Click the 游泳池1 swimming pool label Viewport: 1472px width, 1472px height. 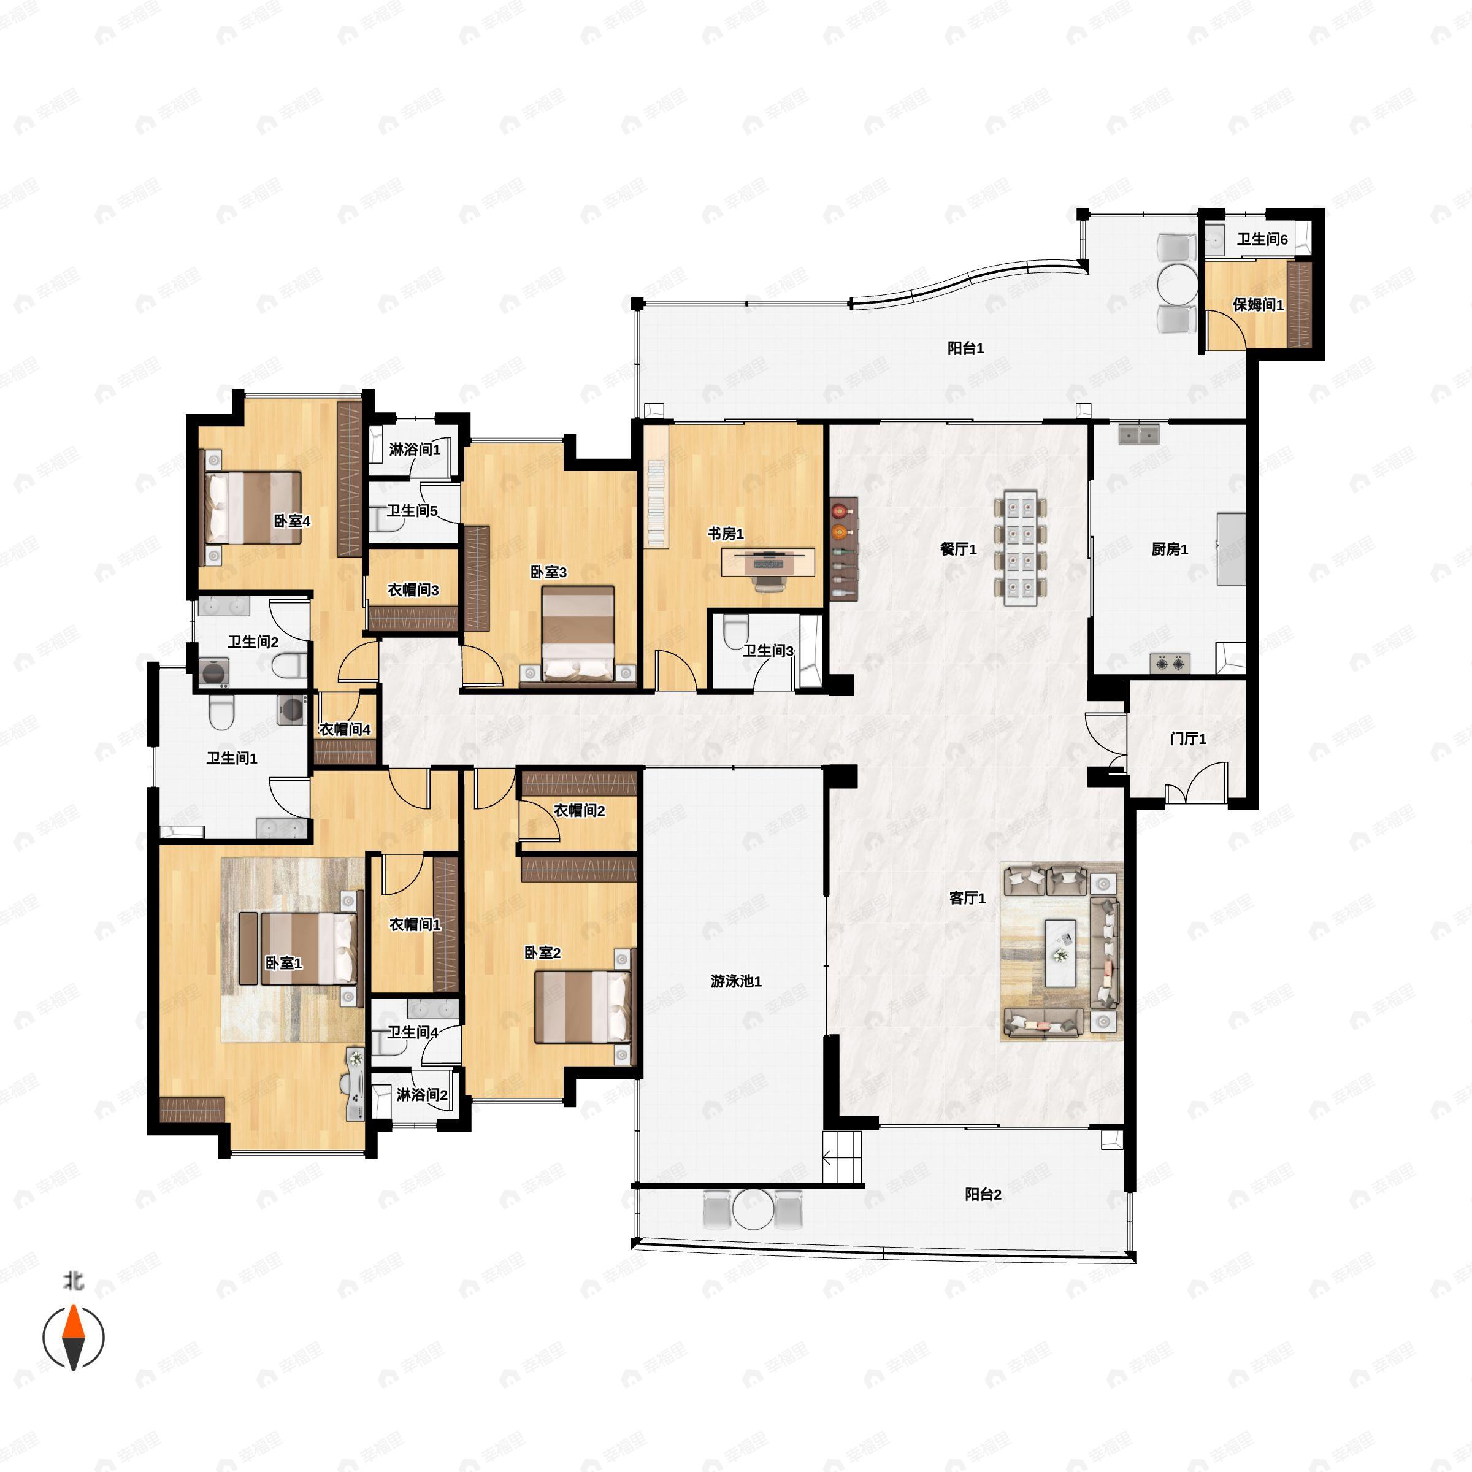pos(736,981)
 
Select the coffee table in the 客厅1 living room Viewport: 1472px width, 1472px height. pos(1060,953)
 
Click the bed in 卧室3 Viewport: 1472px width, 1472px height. pos(578,632)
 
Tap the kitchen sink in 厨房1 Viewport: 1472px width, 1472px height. pos(1139,435)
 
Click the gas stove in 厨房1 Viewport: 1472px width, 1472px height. pos(1171,664)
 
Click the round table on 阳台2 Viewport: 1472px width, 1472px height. pos(752,1209)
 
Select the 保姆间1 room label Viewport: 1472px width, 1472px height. pos(1258,305)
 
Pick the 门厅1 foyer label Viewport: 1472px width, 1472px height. pos(1188,738)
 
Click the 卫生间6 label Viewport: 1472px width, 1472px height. pos(1262,239)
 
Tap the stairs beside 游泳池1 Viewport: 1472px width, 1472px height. pos(842,1157)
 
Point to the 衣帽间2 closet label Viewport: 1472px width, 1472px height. pos(579,811)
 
